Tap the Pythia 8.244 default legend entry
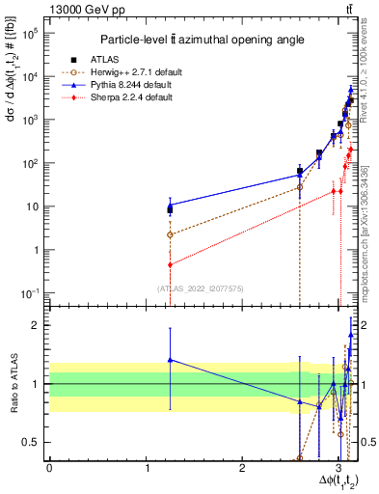(133, 84)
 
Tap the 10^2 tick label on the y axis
(30, 163)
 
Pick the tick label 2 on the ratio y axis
(36, 325)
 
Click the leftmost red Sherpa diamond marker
(170, 264)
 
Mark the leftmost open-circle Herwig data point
(170, 234)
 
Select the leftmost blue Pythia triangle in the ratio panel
(170, 359)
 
